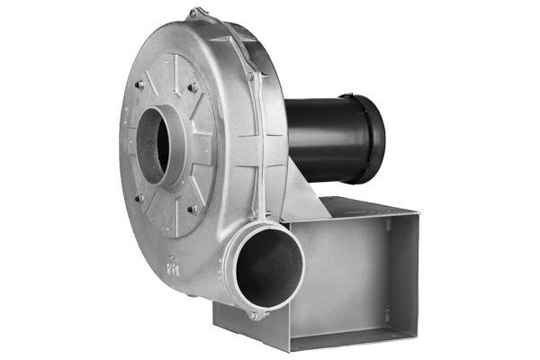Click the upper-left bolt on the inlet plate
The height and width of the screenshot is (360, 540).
139,85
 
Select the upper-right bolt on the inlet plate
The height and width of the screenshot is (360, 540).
193,87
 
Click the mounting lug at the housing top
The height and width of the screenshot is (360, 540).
194,14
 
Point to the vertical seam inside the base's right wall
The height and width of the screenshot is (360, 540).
386,270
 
